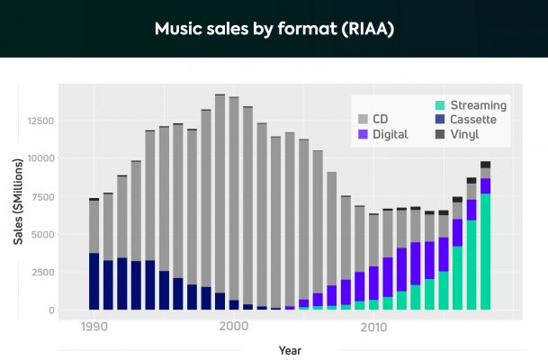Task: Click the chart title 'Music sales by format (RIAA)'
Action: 274,29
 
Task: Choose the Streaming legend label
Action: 479,104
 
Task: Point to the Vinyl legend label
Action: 465,134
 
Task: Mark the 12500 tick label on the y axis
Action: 40,120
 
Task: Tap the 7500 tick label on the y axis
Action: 42,196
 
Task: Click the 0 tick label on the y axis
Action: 51,310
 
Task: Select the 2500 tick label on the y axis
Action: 42,273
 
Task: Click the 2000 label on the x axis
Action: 234,328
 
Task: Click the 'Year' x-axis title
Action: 290,350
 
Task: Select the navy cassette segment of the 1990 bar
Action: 94,282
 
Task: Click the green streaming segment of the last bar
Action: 486,252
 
